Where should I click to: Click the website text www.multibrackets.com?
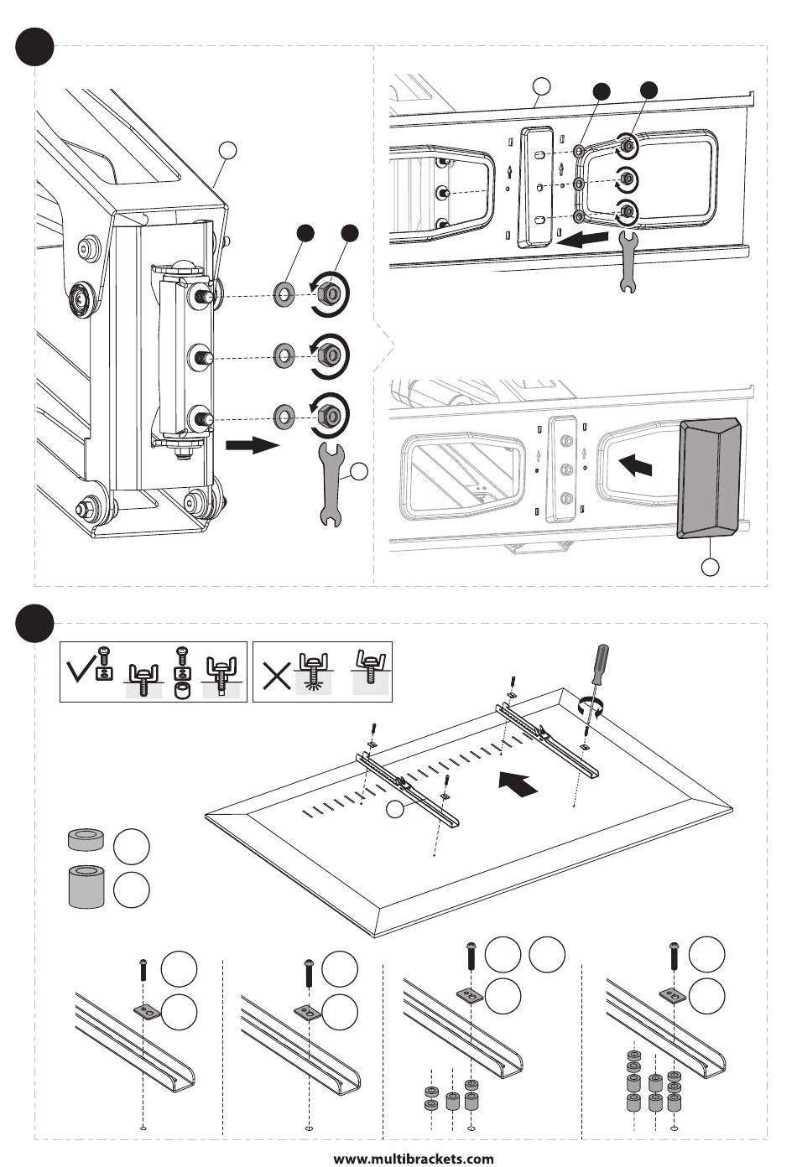point(414,1159)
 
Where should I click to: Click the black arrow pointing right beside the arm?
point(252,444)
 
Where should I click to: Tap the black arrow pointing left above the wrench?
point(582,240)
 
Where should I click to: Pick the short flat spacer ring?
point(85,840)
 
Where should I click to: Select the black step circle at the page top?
point(35,46)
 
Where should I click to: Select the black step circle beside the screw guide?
point(35,623)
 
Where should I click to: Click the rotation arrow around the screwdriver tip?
point(594,706)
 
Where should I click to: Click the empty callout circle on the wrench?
point(358,472)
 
